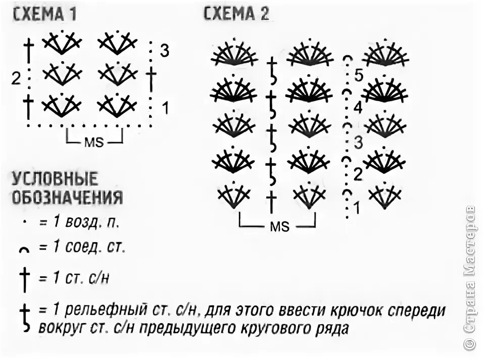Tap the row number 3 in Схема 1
pos(164,51)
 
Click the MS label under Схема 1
pos(94,142)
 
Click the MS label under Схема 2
pos(279,227)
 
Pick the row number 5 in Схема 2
pos(359,76)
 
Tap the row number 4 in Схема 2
pos(358,108)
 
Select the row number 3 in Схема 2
pos(358,142)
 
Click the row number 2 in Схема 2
pos(358,175)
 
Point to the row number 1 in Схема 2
pos(357,207)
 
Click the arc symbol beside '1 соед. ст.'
pos(23,249)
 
